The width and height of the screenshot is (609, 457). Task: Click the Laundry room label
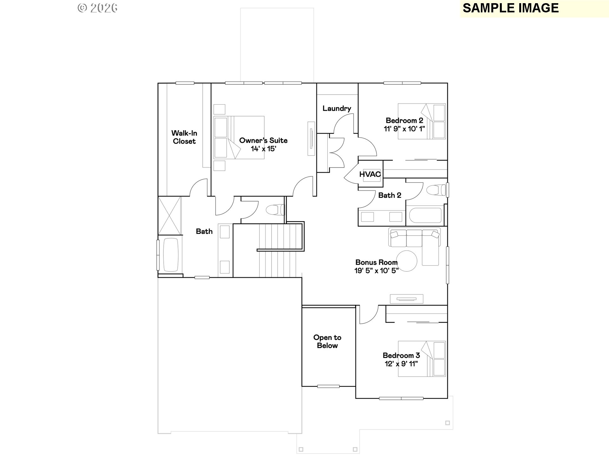click(337, 109)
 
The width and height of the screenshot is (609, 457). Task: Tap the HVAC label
click(370, 174)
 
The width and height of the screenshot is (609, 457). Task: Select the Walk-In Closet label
click(184, 137)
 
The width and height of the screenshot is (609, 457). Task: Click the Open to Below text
click(327, 341)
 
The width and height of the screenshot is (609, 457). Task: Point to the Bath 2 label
click(390, 195)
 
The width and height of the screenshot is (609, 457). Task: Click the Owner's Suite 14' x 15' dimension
click(264, 149)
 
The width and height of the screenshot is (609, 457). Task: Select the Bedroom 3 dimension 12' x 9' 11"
click(401, 364)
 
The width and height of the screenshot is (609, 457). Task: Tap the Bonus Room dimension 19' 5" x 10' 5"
click(377, 270)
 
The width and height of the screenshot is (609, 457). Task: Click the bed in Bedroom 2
click(422, 121)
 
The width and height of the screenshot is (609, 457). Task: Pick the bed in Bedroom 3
click(422, 359)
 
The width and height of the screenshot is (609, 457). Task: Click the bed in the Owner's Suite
click(239, 137)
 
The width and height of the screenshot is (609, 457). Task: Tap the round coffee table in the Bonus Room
click(407, 261)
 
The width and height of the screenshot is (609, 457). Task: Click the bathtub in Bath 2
click(425, 216)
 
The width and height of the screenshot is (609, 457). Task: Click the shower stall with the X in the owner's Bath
click(170, 215)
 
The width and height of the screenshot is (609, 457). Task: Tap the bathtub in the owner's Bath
click(171, 255)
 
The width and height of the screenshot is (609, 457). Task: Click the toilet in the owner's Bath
click(275, 210)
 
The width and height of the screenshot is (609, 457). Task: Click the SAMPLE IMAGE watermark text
click(511, 8)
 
